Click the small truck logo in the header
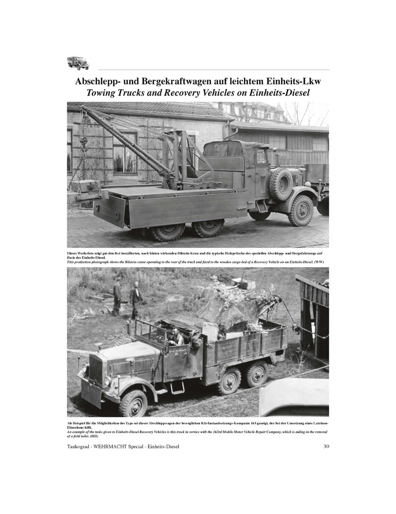(x=78, y=63)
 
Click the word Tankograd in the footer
(x=83, y=446)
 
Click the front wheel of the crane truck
(x=300, y=210)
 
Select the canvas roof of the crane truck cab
(x=235, y=150)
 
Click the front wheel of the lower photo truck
(x=133, y=403)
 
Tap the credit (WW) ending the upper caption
(x=319, y=262)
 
